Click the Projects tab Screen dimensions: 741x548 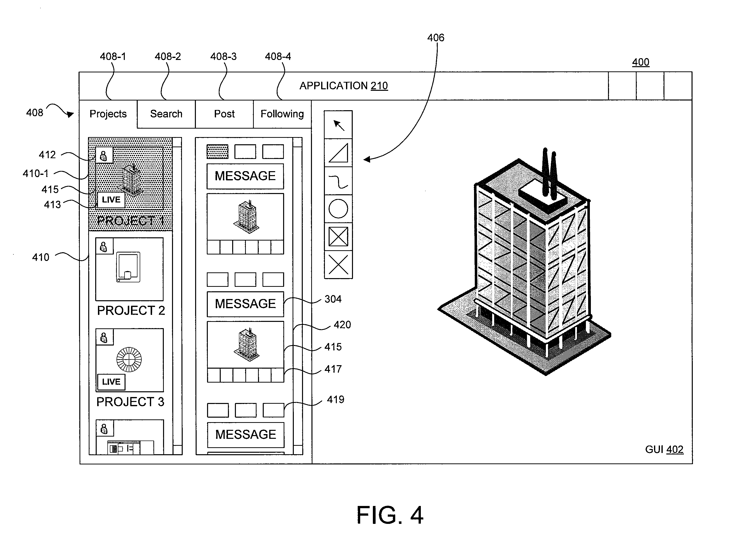(x=108, y=114)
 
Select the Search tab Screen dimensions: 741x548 (x=166, y=114)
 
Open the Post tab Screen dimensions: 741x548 (x=224, y=114)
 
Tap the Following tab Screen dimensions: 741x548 (x=282, y=114)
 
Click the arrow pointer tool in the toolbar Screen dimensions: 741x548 (x=338, y=125)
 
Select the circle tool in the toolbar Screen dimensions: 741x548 (x=338, y=209)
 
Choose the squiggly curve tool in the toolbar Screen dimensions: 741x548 (x=338, y=181)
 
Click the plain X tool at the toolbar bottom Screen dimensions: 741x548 (x=338, y=265)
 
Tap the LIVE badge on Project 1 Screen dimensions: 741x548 (x=111, y=200)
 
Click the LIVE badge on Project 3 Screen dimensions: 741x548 (x=111, y=382)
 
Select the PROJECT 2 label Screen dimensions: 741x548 (x=131, y=310)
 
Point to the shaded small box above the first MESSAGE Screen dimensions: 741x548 (x=218, y=151)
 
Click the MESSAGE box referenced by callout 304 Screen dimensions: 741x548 (x=245, y=304)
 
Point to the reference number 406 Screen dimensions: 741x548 (x=436, y=38)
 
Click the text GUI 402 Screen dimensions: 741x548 (x=664, y=449)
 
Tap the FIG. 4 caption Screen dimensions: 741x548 (x=390, y=515)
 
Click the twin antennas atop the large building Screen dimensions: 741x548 (x=549, y=173)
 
